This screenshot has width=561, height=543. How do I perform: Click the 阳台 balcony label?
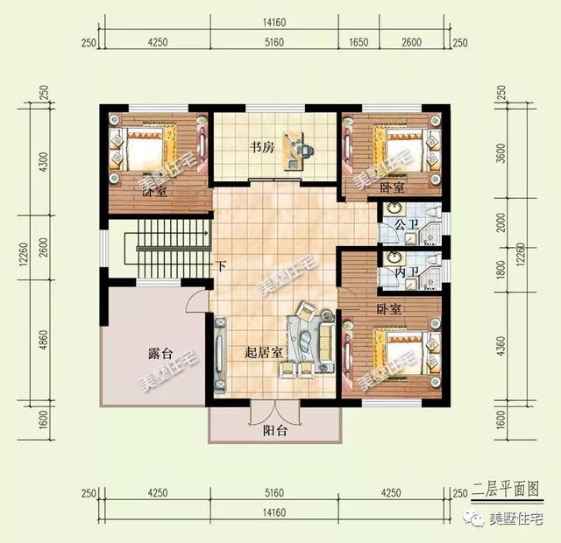tap(275, 430)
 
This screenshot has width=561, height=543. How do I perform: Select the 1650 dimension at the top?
tap(359, 40)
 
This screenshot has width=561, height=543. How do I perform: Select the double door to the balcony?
tap(275, 413)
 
